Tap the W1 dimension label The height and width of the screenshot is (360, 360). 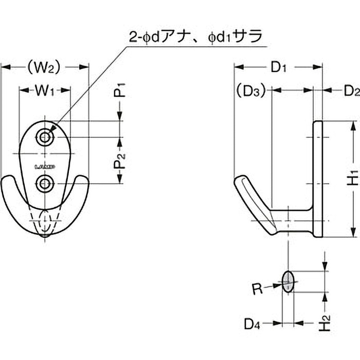pos(45,90)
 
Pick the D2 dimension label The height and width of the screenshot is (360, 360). pos(351,91)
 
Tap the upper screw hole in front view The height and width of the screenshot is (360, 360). pos(44,138)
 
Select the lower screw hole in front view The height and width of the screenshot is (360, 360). pos(45,184)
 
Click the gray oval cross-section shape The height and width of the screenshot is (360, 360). pos(288,282)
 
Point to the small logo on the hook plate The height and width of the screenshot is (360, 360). pos(45,166)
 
